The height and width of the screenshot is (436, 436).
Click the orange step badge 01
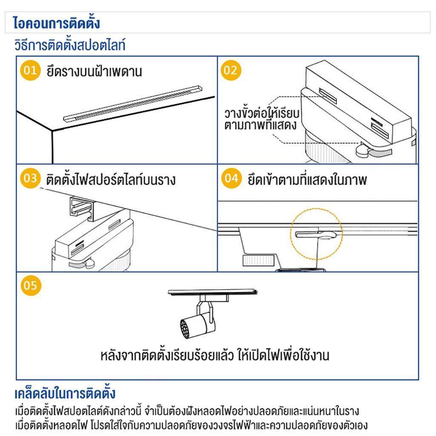30,70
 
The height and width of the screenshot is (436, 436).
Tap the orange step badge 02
231,70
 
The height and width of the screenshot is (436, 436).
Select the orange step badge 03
30,178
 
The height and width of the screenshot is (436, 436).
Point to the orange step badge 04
231,178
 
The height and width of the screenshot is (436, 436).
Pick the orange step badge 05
31,286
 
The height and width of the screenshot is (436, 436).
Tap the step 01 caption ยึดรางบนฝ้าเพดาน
94,71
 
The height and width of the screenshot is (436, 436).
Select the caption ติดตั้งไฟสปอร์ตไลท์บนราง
111,179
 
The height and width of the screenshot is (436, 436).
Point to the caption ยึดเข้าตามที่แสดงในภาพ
307,179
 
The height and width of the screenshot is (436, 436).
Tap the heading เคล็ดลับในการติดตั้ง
65,393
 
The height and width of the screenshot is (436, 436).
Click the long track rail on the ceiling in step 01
133,103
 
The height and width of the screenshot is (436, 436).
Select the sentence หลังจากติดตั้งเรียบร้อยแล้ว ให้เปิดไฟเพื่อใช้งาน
215,356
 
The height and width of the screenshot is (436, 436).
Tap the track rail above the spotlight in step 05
213,292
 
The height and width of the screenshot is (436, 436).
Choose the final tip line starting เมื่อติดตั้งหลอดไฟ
191,425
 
